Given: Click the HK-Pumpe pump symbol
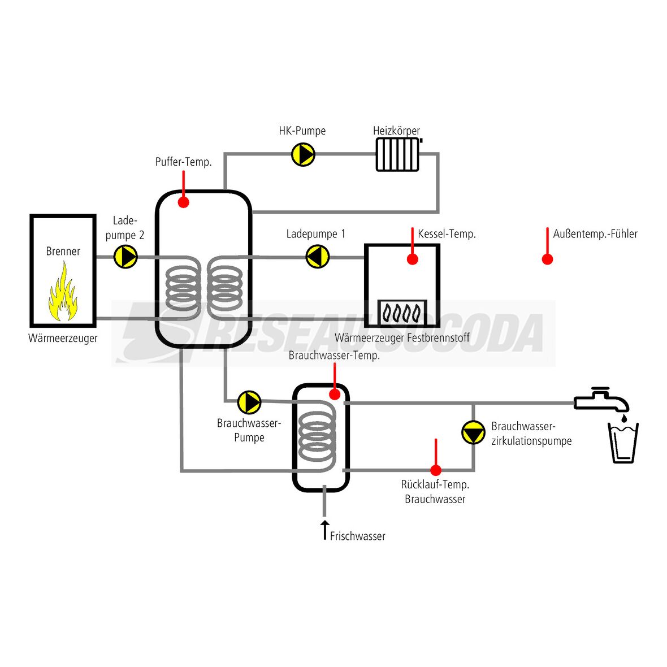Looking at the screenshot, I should click(x=303, y=154).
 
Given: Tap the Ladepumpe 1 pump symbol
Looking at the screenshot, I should click(x=318, y=257).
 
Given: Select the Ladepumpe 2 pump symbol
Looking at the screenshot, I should click(x=125, y=257).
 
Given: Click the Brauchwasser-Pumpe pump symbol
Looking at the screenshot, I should click(x=249, y=402).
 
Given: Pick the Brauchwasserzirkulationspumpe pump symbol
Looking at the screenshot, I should click(x=473, y=432).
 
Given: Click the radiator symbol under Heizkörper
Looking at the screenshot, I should click(x=399, y=154).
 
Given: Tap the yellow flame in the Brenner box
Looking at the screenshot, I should click(x=63, y=296).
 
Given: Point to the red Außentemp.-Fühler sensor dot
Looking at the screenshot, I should click(x=547, y=259).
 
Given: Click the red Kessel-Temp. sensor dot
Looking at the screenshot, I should click(x=413, y=259).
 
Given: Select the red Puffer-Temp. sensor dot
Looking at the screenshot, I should click(x=183, y=202).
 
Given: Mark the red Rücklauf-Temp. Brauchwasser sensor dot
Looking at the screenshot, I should click(x=436, y=470).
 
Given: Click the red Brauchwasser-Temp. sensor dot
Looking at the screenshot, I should click(x=335, y=394).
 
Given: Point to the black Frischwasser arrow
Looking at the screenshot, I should click(x=324, y=530).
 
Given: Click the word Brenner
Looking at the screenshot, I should click(x=63, y=251).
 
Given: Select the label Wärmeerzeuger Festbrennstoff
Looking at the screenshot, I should click(x=402, y=338).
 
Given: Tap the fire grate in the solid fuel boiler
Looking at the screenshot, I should click(x=402, y=312).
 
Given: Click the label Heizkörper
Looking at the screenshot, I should click(x=396, y=131).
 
